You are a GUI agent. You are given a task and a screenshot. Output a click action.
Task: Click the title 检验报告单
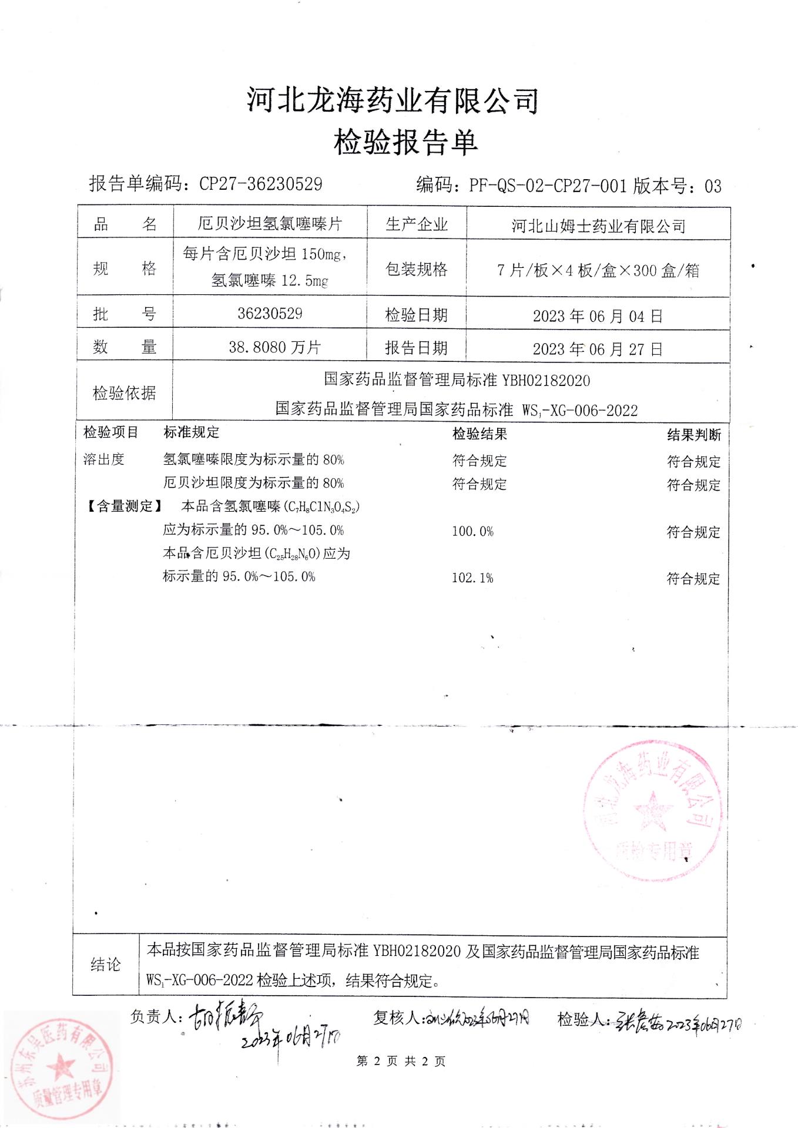405,143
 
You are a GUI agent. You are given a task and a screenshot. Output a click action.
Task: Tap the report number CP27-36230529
261,184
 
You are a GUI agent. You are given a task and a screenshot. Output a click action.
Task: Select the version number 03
712,186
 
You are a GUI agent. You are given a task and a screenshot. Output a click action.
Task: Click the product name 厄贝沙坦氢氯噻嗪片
270,224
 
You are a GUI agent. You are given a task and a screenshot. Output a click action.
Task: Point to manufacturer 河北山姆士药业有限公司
598,226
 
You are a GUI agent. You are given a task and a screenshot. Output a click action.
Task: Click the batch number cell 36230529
270,313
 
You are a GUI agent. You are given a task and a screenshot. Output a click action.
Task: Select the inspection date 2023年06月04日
598,316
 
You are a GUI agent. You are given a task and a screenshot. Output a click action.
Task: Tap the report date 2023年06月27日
598,349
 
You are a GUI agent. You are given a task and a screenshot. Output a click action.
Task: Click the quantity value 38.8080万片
274,347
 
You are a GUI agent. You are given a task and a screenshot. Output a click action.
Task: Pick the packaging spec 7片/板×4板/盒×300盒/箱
598,270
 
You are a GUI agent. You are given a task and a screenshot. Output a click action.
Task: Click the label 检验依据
125,393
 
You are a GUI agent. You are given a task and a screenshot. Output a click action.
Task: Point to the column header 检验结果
480,434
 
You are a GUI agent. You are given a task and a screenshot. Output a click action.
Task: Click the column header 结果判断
694,435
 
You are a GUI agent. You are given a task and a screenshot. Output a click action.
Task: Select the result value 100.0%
472,532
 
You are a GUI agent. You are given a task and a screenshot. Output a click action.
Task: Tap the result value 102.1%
472,578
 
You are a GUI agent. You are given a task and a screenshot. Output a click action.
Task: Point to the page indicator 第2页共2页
401,1060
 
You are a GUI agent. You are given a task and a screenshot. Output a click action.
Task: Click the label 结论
106,965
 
